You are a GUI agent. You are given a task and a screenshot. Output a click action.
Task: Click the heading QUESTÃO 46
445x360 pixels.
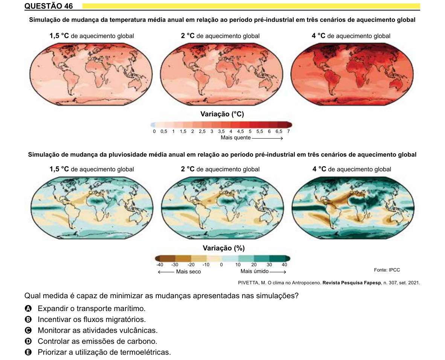point(49,6)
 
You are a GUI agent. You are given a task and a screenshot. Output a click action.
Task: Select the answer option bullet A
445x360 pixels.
point(28,308)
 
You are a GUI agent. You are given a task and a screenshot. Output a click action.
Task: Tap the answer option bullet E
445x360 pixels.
point(28,352)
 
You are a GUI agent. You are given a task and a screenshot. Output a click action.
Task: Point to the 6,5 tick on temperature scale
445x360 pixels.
point(279,131)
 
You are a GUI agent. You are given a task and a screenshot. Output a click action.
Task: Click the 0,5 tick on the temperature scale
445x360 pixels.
point(164,131)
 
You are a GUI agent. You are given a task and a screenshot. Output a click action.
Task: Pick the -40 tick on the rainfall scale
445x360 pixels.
point(160,265)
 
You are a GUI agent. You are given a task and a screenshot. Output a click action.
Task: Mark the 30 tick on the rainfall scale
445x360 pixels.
point(269,265)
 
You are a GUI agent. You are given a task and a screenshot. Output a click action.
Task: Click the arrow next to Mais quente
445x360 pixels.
point(267,138)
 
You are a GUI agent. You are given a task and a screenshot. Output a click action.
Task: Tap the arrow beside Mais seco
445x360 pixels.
point(166,272)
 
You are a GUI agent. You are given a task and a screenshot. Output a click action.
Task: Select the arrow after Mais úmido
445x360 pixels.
point(278,272)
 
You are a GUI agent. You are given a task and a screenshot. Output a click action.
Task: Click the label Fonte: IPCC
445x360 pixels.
point(387,270)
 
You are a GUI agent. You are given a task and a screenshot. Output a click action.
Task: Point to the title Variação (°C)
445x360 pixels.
point(222,114)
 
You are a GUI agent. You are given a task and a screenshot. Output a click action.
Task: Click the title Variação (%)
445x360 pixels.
point(224,248)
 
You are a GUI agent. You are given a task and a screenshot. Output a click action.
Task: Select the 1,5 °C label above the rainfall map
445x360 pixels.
point(59,169)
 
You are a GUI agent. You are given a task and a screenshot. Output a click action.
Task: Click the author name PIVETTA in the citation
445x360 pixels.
point(248,283)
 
